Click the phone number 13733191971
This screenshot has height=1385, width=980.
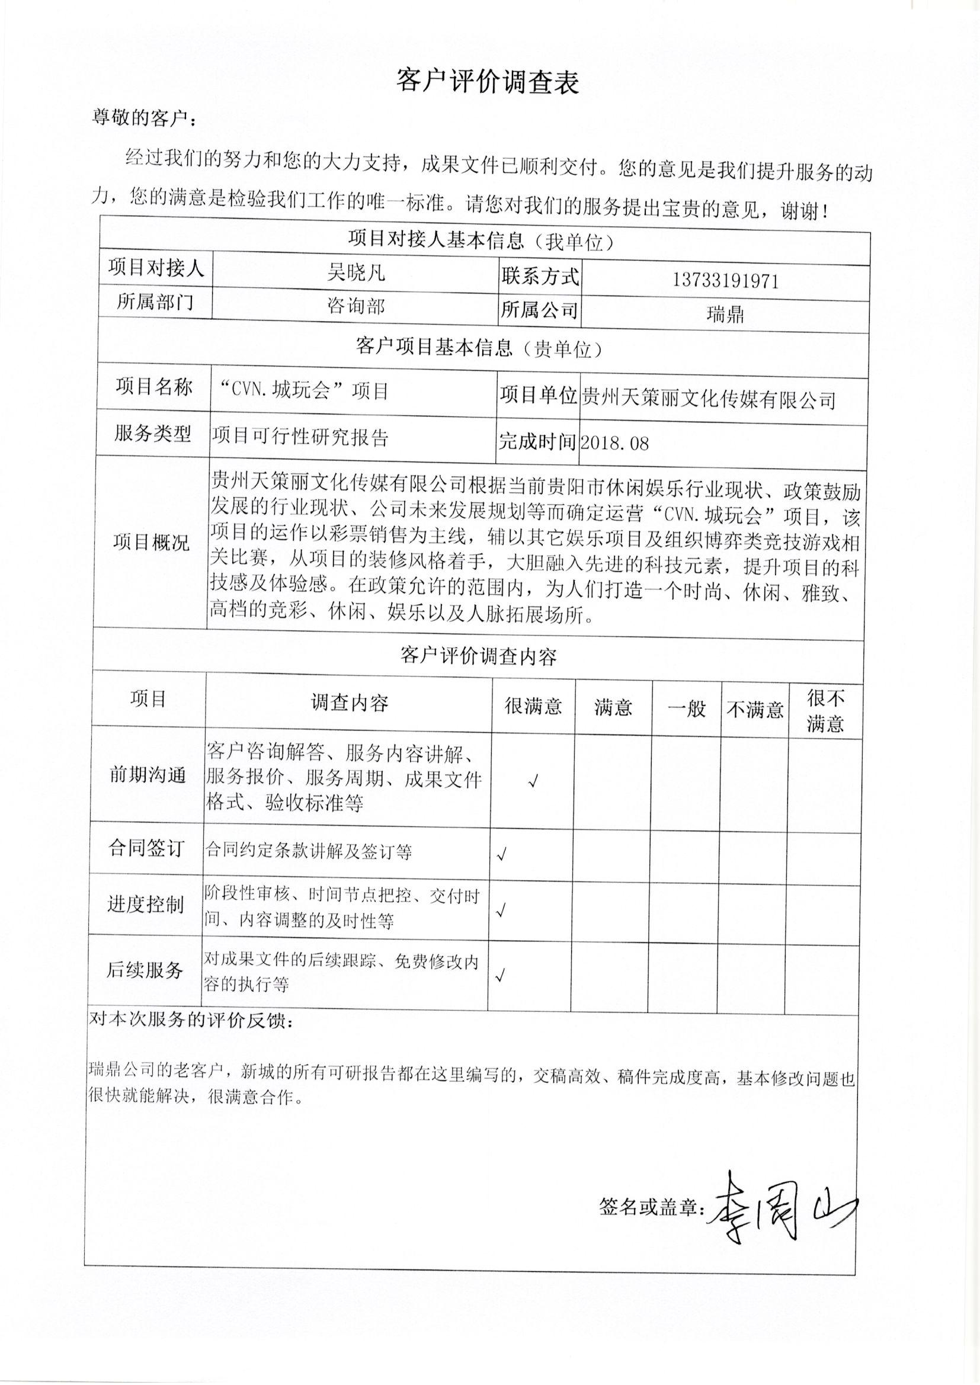[x=725, y=281]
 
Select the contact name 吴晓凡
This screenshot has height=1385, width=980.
[x=356, y=273]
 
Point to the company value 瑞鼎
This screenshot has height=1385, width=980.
[x=725, y=315]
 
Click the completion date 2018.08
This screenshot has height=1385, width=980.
[x=614, y=443]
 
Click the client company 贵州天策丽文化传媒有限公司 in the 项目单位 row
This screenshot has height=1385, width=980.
[x=708, y=399]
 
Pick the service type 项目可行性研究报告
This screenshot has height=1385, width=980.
[x=299, y=437]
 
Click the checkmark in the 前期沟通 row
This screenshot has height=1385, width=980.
[x=533, y=783]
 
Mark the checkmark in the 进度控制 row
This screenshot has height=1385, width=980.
[x=500, y=912]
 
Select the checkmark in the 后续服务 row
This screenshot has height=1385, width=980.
[x=499, y=976]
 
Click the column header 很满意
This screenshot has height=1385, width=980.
[x=533, y=706]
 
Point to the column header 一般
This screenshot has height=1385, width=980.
[x=686, y=708]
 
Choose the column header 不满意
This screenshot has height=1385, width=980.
[x=755, y=710]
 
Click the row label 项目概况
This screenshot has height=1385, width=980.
[x=151, y=542]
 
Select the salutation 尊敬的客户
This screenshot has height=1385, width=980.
[x=143, y=118]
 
